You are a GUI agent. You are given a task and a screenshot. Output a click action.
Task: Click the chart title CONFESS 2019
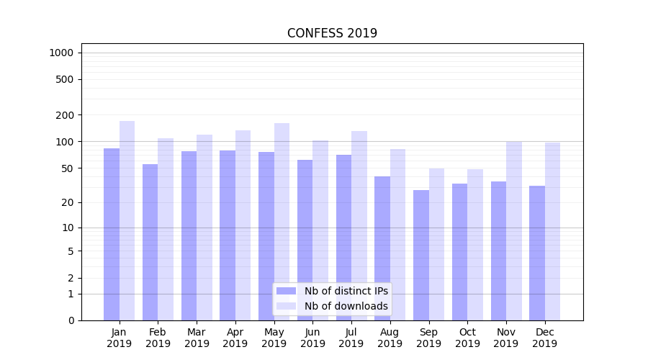coord(332,33)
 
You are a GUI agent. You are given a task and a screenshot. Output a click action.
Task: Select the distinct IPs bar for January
coord(112,234)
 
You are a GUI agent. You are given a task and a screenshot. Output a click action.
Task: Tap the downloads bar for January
coord(127,220)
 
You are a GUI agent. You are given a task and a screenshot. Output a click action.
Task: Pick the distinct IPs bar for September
coord(421,255)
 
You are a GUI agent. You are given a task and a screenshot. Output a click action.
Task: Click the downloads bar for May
coord(282,222)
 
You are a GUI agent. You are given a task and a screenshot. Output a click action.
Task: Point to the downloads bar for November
coord(513,230)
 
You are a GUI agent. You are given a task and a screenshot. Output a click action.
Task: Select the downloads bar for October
coord(475,245)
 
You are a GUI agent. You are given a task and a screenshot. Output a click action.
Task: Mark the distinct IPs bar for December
coord(537,253)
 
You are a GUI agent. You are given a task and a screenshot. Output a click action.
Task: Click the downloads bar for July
coord(359,225)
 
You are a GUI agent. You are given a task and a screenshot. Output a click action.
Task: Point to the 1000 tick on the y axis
coord(61,53)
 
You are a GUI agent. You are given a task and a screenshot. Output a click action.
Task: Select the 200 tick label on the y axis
coord(64,115)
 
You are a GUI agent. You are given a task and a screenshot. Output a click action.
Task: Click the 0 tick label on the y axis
coord(71,320)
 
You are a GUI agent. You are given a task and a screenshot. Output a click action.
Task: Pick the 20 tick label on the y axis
coord(67,202)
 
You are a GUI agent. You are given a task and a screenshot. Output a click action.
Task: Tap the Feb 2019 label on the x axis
coord(158,338)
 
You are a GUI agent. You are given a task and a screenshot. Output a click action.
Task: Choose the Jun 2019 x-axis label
coord(312,338)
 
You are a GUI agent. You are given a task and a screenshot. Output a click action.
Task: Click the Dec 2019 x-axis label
coord(544,338)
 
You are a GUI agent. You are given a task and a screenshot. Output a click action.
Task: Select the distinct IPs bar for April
coord(228,235)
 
